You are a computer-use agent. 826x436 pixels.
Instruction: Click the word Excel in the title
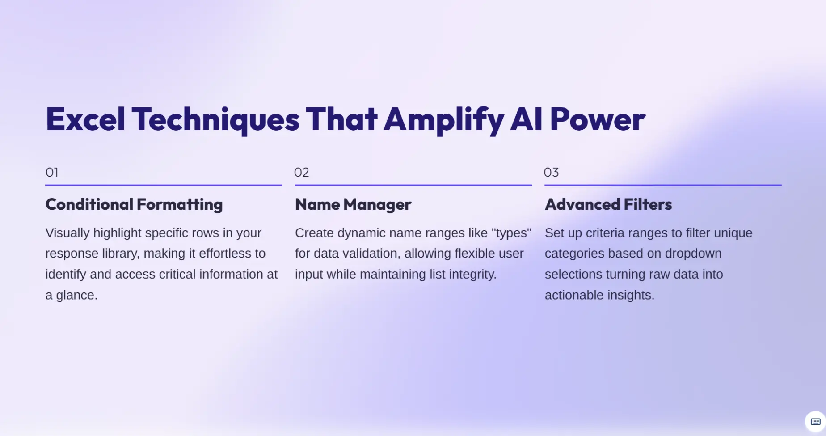pos(85,119)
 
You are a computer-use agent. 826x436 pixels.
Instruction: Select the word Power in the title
pos(598,119)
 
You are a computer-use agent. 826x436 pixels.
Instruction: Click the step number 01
pos(52,172)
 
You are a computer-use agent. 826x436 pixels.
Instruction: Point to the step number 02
pos(302,172)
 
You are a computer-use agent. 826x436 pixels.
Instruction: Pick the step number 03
pos(551,172)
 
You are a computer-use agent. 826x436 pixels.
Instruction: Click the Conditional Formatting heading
pos(134,204)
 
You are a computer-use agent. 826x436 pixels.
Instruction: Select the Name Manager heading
pos(353,204)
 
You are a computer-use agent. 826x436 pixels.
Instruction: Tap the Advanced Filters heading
pos(608,204)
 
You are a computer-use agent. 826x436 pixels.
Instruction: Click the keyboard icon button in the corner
pos(815,421)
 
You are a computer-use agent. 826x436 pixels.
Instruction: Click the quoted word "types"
pos(511,233)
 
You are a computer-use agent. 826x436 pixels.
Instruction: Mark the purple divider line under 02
pos(413,185)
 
